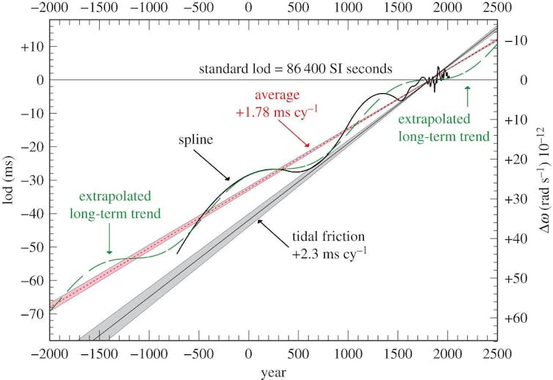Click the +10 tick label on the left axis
pos(35,46)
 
